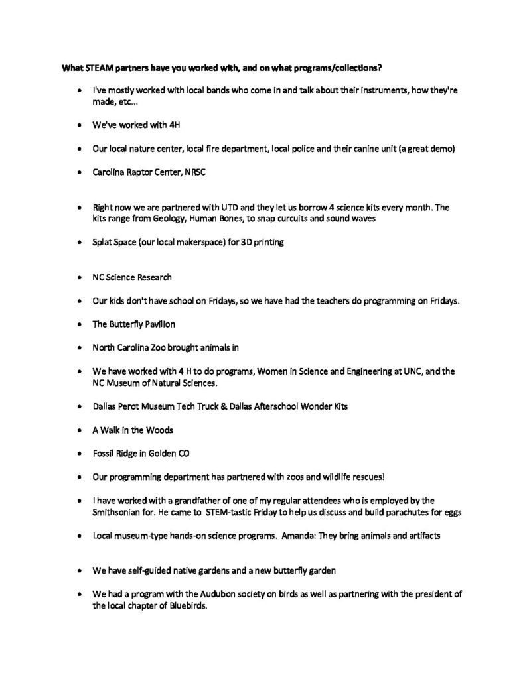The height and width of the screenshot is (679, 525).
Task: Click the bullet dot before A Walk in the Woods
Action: [x=80, y=430]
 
